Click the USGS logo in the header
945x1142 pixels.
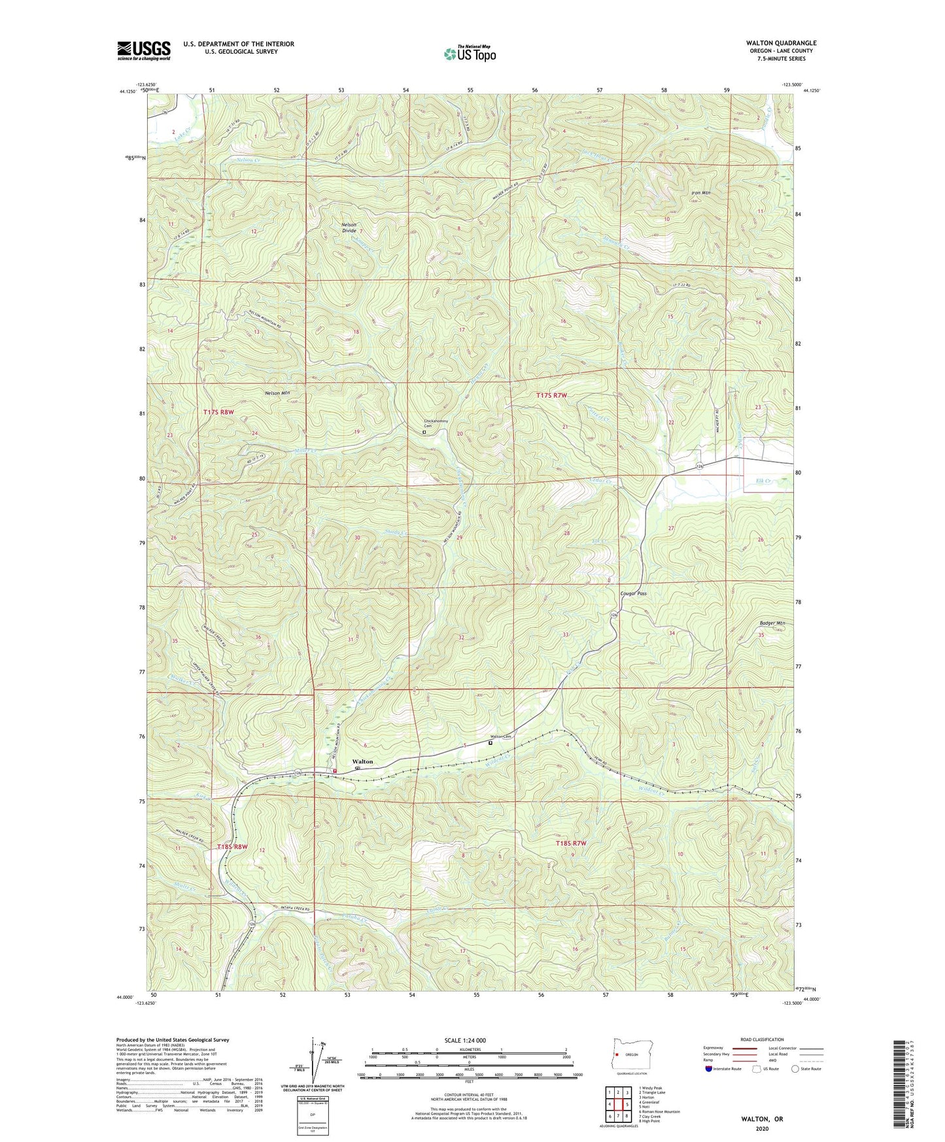click(144, 50)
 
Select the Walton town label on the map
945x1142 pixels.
click(363, 761)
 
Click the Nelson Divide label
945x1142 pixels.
click(349, 228)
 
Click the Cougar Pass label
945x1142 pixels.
click(633, 593)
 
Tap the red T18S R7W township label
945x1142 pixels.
click(570, 843)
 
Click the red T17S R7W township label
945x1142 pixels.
click(551, 395)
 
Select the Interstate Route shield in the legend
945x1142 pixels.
click(709, 1069)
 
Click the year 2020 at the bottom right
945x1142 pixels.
click(761, 1128)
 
